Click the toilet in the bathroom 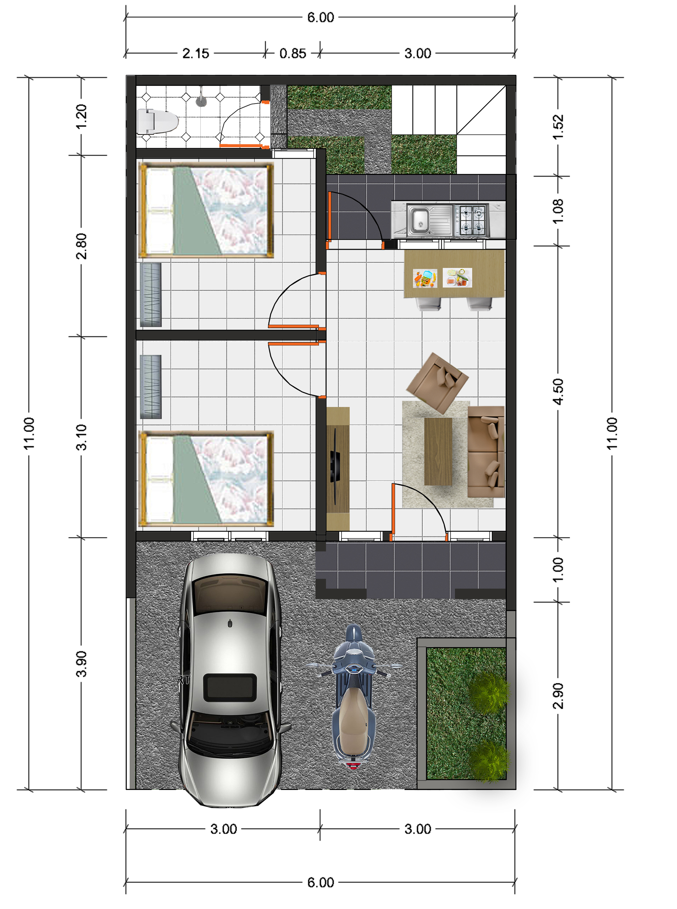click(x=158, y=121)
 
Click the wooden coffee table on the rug click(x=438, y=451)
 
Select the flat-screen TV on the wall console click(x=334, y=465)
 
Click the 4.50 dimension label click(x=558, y=392)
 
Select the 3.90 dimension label click(x=82, y=664)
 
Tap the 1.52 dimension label click(x=558, y=127)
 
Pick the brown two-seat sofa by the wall click(x=486, y=452)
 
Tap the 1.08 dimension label click(x=558, y=211)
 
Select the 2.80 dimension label click(x=82, y=246)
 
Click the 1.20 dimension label click(x=82, y=116)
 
